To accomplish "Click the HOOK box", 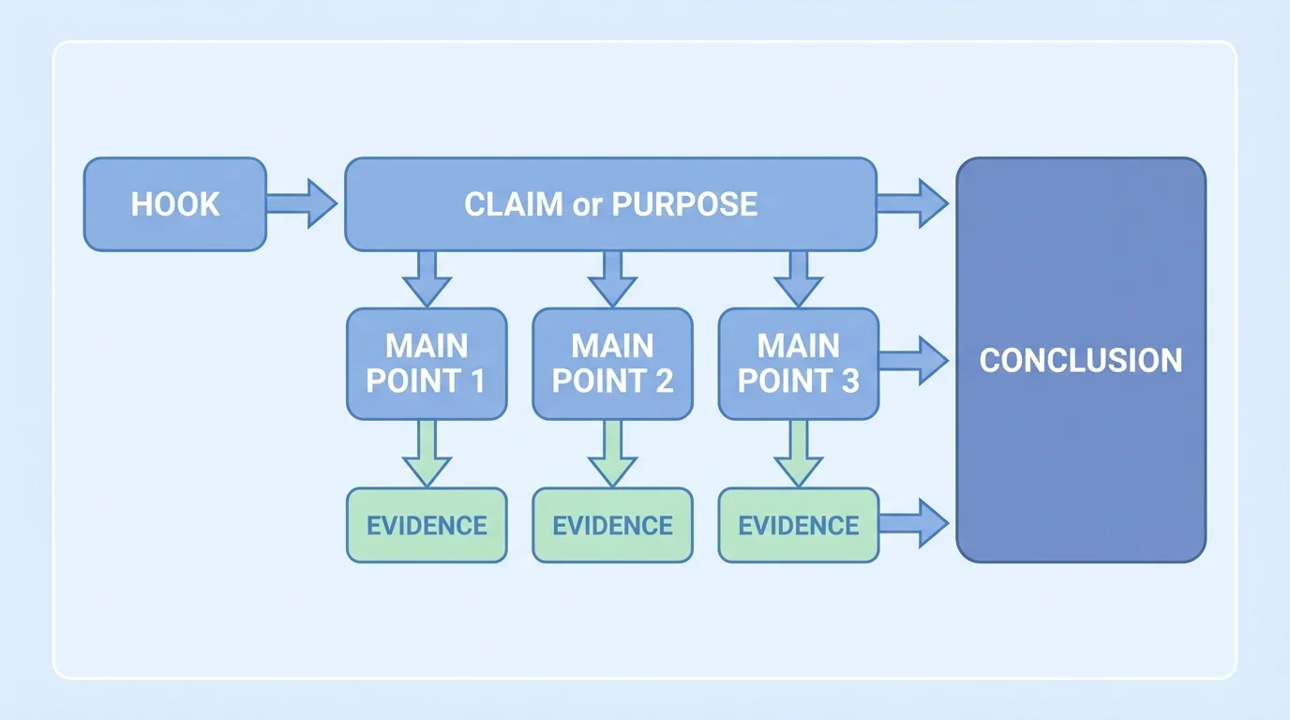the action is point(175,204).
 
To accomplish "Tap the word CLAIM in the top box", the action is point(514,204).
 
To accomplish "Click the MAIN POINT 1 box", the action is point(427,364).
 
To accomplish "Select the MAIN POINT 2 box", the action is point(612,364).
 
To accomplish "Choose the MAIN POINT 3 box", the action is point(799,364).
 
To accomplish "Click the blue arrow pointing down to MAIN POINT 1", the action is point(427,278).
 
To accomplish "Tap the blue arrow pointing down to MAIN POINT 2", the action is point(612,278).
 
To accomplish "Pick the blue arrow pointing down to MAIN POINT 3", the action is point(799,278).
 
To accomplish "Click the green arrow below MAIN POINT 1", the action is point(427,454).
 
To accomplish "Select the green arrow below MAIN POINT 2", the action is point(612,454).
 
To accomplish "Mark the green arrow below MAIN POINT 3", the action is point(799,454).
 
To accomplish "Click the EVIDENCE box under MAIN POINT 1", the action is point(427,525).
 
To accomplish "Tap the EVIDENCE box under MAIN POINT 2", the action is point(612,525).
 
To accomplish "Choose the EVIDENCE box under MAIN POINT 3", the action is point(799,525).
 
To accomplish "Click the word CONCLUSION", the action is point(1081,360).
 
